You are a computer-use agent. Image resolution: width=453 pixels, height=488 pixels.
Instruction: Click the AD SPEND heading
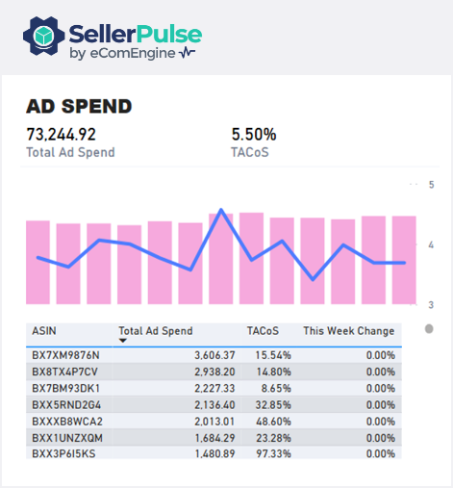79,106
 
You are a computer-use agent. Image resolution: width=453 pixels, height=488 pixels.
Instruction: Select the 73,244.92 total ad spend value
61,135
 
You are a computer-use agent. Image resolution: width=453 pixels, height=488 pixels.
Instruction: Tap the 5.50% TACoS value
254,135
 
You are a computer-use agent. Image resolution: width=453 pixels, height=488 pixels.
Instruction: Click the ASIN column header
43,330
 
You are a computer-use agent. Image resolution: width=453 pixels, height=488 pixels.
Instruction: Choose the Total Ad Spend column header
155,330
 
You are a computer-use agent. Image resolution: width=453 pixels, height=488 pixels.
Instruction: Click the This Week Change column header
348,330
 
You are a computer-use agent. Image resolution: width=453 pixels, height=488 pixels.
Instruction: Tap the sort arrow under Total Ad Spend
123,341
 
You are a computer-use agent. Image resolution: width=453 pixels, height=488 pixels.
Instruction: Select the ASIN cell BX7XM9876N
65,355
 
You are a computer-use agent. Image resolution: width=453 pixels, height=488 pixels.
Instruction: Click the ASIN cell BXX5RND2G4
66,404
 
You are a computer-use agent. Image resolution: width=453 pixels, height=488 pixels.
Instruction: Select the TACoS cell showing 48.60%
273,421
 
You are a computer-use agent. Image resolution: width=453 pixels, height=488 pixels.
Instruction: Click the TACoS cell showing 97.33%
273,453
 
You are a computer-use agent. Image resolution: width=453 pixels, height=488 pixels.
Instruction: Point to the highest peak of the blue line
222,210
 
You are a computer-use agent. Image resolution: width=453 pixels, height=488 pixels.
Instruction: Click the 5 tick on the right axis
433,184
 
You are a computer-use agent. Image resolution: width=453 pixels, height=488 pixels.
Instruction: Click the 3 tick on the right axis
433,305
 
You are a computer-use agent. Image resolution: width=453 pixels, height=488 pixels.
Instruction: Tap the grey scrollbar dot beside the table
429,329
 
